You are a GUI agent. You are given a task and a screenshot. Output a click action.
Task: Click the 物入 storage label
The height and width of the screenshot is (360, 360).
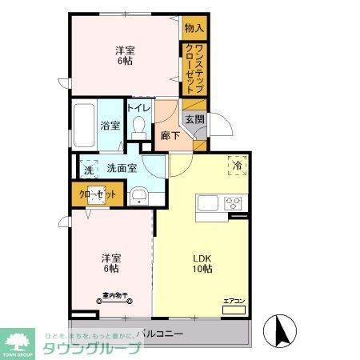tap(194, 28)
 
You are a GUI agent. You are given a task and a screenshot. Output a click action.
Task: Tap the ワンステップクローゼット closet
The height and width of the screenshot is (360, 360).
tap(194, 69)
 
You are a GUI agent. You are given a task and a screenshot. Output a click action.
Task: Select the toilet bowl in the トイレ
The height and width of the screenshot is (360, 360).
tap(140, 127)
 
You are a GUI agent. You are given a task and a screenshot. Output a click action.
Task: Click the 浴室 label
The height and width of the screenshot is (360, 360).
tap(110, 126)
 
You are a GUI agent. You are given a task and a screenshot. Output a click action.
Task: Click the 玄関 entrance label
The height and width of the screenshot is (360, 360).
tap(194, 119)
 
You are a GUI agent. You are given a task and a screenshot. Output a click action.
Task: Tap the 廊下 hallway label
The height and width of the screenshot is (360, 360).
tap(169, 135)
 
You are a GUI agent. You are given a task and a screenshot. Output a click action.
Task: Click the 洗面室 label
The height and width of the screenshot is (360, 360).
tap(121, 168)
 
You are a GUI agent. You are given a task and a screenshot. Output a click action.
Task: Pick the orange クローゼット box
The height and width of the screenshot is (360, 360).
tap(96, 194)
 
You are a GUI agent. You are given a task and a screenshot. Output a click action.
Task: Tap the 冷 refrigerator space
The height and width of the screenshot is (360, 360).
tap(237, 166)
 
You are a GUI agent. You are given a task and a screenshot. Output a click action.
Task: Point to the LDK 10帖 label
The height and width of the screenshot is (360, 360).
tap(201, 264)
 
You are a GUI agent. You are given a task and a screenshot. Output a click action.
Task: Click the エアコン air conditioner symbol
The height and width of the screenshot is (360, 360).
tap(234, 308)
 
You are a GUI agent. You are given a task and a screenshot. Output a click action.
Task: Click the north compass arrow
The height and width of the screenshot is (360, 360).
tap(281, 329)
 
